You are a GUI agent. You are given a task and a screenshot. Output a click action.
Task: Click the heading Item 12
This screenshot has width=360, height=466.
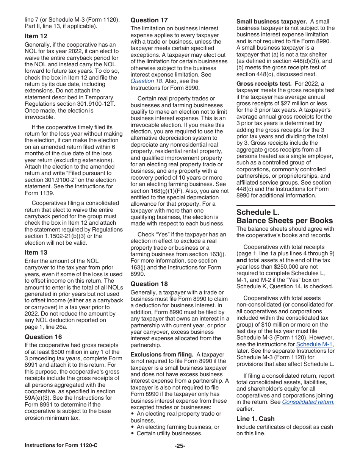coord(36,36)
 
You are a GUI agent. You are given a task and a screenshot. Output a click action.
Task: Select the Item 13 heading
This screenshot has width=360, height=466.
coord(36,252)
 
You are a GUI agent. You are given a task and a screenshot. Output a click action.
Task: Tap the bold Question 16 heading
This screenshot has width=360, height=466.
coord(43,337)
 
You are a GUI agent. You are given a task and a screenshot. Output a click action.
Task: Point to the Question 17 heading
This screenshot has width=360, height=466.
coord(149,20)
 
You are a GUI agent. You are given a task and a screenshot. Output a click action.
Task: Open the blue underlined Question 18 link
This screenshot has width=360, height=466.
coord(146,81)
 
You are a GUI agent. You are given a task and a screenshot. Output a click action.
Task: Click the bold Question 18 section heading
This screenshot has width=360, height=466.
coord(149,284)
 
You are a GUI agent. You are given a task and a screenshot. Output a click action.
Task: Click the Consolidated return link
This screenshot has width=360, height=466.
coord(307,402)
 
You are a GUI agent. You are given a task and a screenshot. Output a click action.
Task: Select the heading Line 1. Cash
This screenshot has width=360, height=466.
coord(255,419)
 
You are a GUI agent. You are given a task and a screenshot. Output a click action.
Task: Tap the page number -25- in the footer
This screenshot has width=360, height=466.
coord(180,446)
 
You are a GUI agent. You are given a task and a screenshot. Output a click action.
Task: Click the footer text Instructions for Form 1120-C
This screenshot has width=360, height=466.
coord(61,445)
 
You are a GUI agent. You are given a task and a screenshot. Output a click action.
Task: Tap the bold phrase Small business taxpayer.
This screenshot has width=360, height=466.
coord(272,22)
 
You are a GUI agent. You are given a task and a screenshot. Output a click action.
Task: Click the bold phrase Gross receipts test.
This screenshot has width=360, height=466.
coord(264,84)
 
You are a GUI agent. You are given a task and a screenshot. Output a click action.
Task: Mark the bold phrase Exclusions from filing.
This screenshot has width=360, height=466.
coord(162,355)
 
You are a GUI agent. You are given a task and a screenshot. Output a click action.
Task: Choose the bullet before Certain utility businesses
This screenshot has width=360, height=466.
coord(132,433)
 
